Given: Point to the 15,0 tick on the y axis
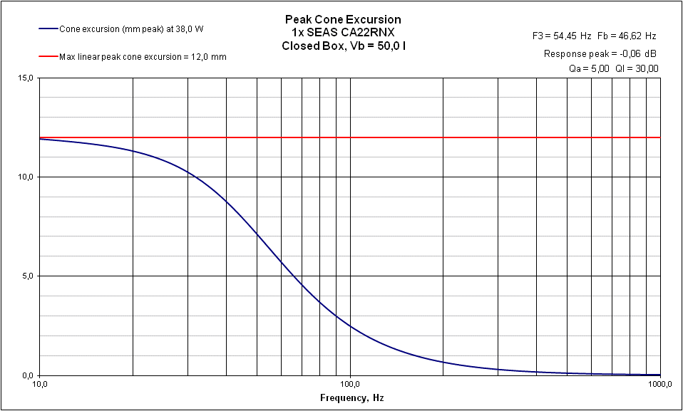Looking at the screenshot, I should pos(25,78).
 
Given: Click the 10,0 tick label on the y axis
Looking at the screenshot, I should pos(25,177).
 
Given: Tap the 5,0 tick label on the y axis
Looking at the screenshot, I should pos(27,276).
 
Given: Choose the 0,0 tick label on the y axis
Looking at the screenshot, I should pos(27,375).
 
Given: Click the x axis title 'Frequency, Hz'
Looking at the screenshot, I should pos(351,397).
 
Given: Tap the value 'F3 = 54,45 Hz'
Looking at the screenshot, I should pos(562,35).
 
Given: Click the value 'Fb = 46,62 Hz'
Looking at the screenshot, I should pos(627,35).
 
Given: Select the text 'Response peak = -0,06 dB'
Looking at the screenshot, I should pos(600,53).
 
